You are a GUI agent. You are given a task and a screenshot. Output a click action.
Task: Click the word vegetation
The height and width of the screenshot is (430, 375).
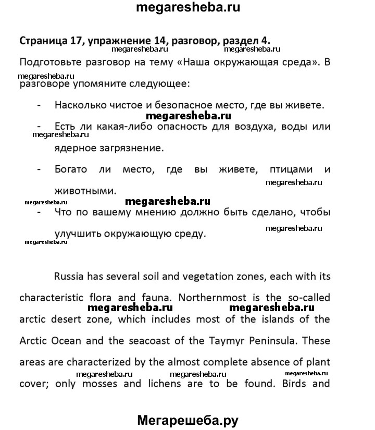point(203,276)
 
